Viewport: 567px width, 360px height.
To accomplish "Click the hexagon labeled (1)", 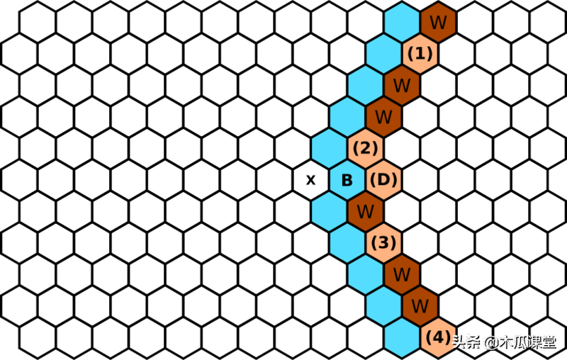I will click(x=420, y=53).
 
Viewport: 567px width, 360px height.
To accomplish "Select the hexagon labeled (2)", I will click(x=366, y=148).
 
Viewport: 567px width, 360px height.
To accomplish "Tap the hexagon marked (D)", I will click(x=383, y=180).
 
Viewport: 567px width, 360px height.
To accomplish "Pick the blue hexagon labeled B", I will click(x=347, y=180).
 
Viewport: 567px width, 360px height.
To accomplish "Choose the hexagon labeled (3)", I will click(x=384, y=243).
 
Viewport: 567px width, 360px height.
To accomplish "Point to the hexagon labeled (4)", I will click(x=439, y=337).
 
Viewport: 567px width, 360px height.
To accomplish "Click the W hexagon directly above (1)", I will click(x=438, y=22).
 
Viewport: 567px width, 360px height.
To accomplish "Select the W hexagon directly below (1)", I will click(x=402, y=85).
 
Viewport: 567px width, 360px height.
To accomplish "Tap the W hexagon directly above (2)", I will click(x=383, y=116).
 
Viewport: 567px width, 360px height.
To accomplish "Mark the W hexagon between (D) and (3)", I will click(x=366, y=211).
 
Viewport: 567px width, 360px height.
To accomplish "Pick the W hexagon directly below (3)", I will click(x=402, y=274).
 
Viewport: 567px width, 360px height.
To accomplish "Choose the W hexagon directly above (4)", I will click(x=420, y=305).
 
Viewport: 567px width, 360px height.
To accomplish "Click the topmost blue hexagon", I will click(x=402, y=22).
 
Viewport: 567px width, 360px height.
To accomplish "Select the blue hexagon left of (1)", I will click(x=383, y=53).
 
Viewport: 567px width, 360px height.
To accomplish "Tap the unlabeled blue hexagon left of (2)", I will click(x=330, y=148).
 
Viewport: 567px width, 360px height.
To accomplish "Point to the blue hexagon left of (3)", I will click(x=348, y=243).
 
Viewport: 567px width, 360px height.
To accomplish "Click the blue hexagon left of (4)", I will click(x=402, y=337).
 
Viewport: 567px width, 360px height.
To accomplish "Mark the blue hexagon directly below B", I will click(x=330, y=211).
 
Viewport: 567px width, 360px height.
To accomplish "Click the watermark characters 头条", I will click(x=467, y=342).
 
